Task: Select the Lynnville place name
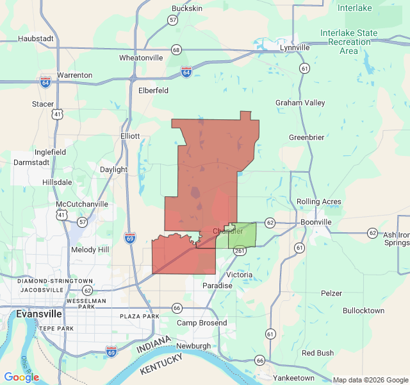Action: click(295, 47)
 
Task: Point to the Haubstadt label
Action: click(35, 38)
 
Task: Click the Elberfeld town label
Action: click(153, 90)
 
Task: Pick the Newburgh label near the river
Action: click(193, 346)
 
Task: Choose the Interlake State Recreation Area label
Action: click(349, 42)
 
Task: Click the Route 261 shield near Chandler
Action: click(239, 251)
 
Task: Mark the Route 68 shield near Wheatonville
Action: click(176, 50)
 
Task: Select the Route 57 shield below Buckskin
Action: click(173, 20)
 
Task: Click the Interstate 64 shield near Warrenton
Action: click(45, 82)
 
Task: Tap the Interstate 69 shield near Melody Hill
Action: click(129, 238)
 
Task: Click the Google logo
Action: click(22, 377)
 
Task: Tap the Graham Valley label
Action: click(300, 103)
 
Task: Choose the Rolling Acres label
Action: click(319, 202)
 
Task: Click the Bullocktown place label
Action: click(363, 311)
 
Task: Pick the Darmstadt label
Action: click(31, 162)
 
